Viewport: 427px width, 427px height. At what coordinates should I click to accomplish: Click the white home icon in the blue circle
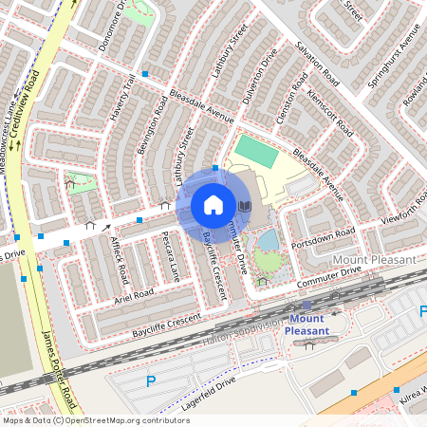click(213, 205)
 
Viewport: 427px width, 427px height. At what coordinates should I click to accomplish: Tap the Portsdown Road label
click(323, 234)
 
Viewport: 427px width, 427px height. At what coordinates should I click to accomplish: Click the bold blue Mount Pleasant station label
click(308, 325)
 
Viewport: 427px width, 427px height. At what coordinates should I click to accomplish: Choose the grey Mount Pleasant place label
click(374, 259)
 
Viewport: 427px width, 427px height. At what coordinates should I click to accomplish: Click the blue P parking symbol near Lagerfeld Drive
click(150, 381)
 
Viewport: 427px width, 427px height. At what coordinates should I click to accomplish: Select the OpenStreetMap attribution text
click(95, 419)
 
